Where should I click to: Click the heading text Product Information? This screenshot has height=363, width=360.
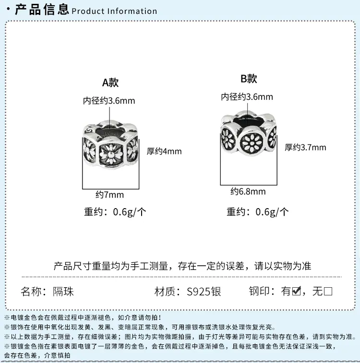[114, 11]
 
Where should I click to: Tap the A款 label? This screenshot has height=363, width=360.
[110, 82]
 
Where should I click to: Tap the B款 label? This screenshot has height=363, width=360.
[249, 79]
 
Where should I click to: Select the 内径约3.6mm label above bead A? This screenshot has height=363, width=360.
[109, 101]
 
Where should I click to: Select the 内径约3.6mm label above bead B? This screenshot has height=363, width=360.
[247, 97]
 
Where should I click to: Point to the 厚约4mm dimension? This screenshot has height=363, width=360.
[164, 151]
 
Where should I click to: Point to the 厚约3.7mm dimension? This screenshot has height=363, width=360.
[305, 147]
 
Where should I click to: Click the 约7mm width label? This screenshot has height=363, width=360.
[109, 195]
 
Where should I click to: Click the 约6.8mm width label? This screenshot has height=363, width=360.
[248, 191]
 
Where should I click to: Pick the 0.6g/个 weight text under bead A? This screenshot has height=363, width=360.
[130, 212]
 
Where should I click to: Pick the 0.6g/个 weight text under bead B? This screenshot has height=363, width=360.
[272, 212]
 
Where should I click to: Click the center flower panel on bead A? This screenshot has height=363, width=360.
[110, 153]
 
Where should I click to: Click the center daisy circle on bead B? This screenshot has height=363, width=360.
[252, 142]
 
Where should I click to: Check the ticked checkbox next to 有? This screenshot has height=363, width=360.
[297, 291]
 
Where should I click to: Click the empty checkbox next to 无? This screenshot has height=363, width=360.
[328, 291]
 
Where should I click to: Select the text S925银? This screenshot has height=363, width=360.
[204, 291]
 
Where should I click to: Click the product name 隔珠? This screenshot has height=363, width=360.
[63, 291]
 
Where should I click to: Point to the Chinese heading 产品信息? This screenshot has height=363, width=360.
[42, 10]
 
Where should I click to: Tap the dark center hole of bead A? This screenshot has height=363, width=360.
[108, 131]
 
